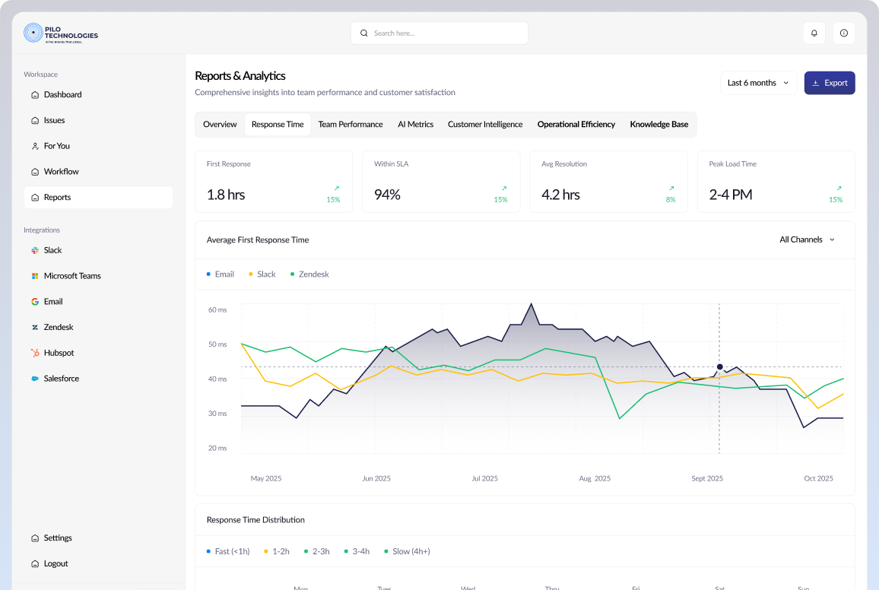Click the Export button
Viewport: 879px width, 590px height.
pyautogui.click(x=830, y=83)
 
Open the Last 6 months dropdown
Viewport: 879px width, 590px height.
pyautogui.click(x=758, y=83)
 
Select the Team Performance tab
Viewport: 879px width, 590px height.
pyautogui.click(x=351, y=124)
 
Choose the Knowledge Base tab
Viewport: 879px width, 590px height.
pyautogui.click(x=658, y=124)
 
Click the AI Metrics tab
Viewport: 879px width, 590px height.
pyautogui.click(x=415, y=124)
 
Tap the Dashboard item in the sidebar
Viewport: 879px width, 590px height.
pyautogui.click(x=62, y=95)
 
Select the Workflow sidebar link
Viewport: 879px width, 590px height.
pyautogui.click(x=61, y=172)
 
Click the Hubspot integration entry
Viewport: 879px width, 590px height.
pyautogui.click(x=59, y=353)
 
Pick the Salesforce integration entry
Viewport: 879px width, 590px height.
pyautogui.click(x=61, y=379)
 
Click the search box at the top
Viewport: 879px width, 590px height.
pyautogui.click(x=439, y=33)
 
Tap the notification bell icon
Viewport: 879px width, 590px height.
pyautogui.click(x=814, y=33)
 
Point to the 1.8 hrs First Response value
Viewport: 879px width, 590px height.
pyautogui.click(x=226, y=195)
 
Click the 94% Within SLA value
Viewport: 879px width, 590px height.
pyautogui.click(x=387, y=195)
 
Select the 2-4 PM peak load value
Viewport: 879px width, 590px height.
pyautogui.click(x=730, y=195)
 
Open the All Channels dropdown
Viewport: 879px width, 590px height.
pyautogui.click(x=807, y=239)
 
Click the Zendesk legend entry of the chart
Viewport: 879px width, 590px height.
pyautogui.click(x=313, y=274)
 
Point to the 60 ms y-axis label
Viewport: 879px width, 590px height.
pyautogui.click(x=217, y=310)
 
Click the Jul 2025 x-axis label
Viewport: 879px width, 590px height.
pyautogui.click(x=484, y=478)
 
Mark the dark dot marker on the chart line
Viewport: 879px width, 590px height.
pyautogui.click(x=719, y=367)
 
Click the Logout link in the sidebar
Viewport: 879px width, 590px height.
pyautogui.click(x=56, y=563)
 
